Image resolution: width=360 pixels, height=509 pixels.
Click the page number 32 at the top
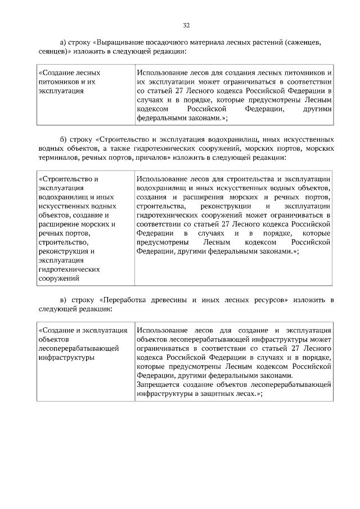[186, 25]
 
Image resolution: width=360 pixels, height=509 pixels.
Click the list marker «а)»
[64, 42]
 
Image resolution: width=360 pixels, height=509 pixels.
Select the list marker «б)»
[64, 139]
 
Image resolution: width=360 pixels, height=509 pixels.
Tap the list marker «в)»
[64, 299]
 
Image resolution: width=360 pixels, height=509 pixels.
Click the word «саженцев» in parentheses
[308, 42]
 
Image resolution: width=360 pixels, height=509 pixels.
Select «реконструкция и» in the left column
[66, 251]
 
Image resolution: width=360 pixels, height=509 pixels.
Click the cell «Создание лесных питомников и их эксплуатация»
[70, 82]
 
